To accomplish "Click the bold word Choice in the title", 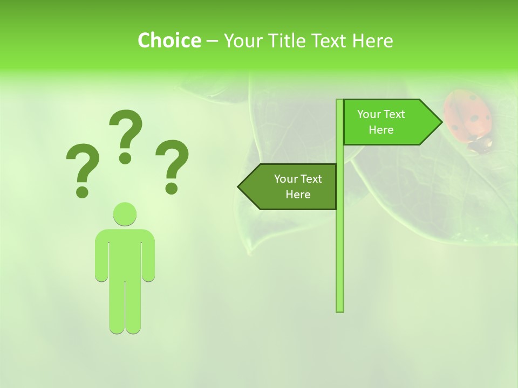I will [x=169, y=40].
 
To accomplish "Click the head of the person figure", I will [x=125, y=214].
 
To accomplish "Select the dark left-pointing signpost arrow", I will [x=289, y=186].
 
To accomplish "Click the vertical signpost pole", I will [x=339, y=242].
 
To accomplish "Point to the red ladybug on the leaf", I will [x=468, y=119].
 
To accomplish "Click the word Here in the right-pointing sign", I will [x=381, y=130].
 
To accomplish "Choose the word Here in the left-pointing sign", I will [x=298, y=195].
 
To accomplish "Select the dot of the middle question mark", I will [x=125, y=157].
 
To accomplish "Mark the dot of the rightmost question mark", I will [x=172, y=188].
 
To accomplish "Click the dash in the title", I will [x=212, y=41].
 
